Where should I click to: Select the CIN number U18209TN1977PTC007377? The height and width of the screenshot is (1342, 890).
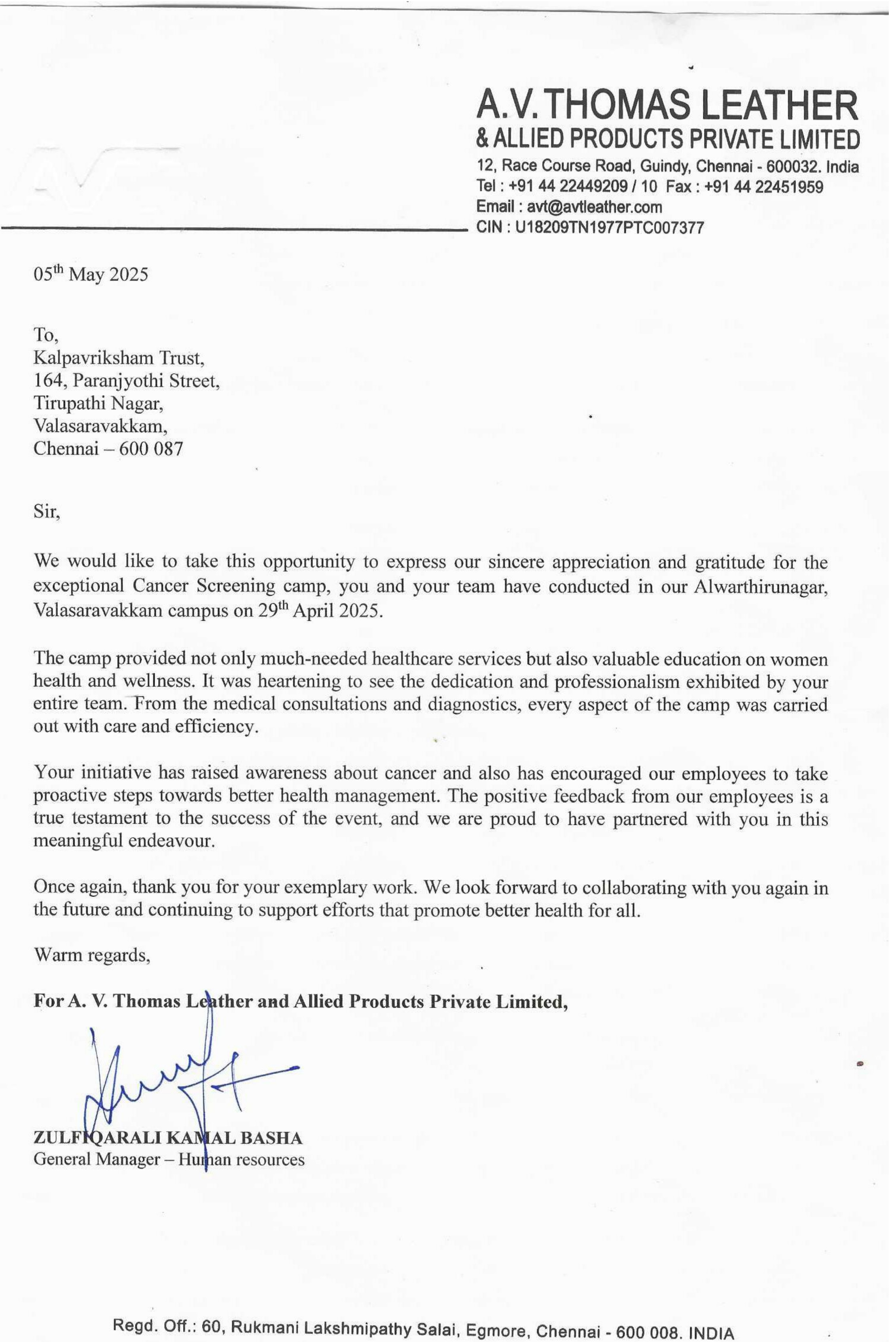pyautogui.click(x=608, y=228)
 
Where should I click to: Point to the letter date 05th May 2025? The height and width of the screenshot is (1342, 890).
pyautogui.click(x=91, y=275)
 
